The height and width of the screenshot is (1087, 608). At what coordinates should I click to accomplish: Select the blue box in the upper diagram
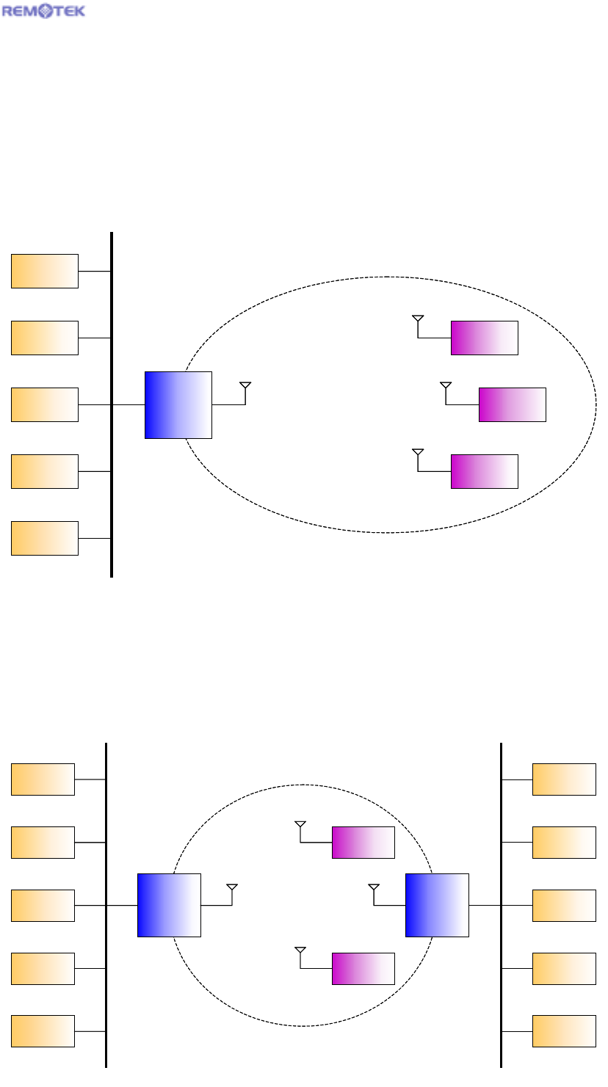click(x=178, y=405)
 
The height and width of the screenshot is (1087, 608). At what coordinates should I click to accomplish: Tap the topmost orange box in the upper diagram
click(x=45, y=271)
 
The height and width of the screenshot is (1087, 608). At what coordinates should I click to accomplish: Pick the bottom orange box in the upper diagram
click(x=45, y=538)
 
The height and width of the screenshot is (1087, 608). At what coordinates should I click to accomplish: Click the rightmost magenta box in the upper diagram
click(x=513, y=404)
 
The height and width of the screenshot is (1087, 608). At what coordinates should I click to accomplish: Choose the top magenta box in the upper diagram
click(x=484, y=338)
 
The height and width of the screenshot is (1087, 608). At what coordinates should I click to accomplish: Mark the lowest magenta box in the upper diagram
click(x=484, y=471)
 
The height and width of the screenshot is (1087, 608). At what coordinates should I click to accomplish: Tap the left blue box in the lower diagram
click(x=169, y=905)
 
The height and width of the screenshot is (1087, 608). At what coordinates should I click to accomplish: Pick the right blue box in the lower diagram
click(x=437, y=905)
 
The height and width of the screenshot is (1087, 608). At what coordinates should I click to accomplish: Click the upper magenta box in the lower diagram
click(x=363, y=842)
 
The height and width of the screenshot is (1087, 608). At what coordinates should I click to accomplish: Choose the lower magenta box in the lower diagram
click(x=363, y=968)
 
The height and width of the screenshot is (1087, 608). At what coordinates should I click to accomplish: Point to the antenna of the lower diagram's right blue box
click(x=374, y=889)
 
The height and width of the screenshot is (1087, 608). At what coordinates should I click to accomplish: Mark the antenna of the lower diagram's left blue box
click(x=232, y=889)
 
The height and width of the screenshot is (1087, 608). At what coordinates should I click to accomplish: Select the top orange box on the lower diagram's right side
click(x=564, y=779)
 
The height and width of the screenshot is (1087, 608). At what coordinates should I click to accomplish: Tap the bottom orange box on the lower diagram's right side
click(x=564, y=1030)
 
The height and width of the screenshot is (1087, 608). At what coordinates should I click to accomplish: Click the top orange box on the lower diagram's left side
click(x=43, y=779)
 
